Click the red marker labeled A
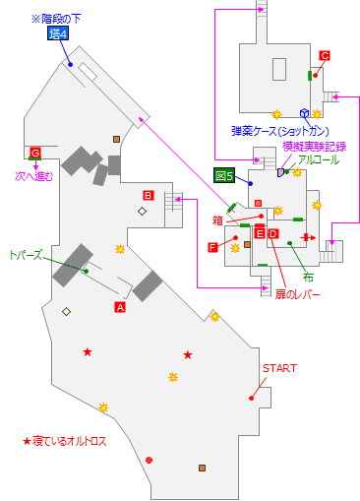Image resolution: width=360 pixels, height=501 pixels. [121, 307]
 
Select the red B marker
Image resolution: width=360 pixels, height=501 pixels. [149, 194]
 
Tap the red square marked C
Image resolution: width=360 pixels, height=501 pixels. [325, 55]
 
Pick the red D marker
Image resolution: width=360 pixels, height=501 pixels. [273, 233]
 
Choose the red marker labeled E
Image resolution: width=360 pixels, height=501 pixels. [260, 233]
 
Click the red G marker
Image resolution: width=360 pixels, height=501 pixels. [35, 153]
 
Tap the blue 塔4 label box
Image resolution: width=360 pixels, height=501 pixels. [59, 32]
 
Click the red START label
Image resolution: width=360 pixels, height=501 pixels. [278, 368]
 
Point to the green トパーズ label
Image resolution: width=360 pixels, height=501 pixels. [27, 253]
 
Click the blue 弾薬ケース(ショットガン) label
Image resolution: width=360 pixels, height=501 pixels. [279, 131]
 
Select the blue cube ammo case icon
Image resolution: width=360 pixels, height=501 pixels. [305, 113]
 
